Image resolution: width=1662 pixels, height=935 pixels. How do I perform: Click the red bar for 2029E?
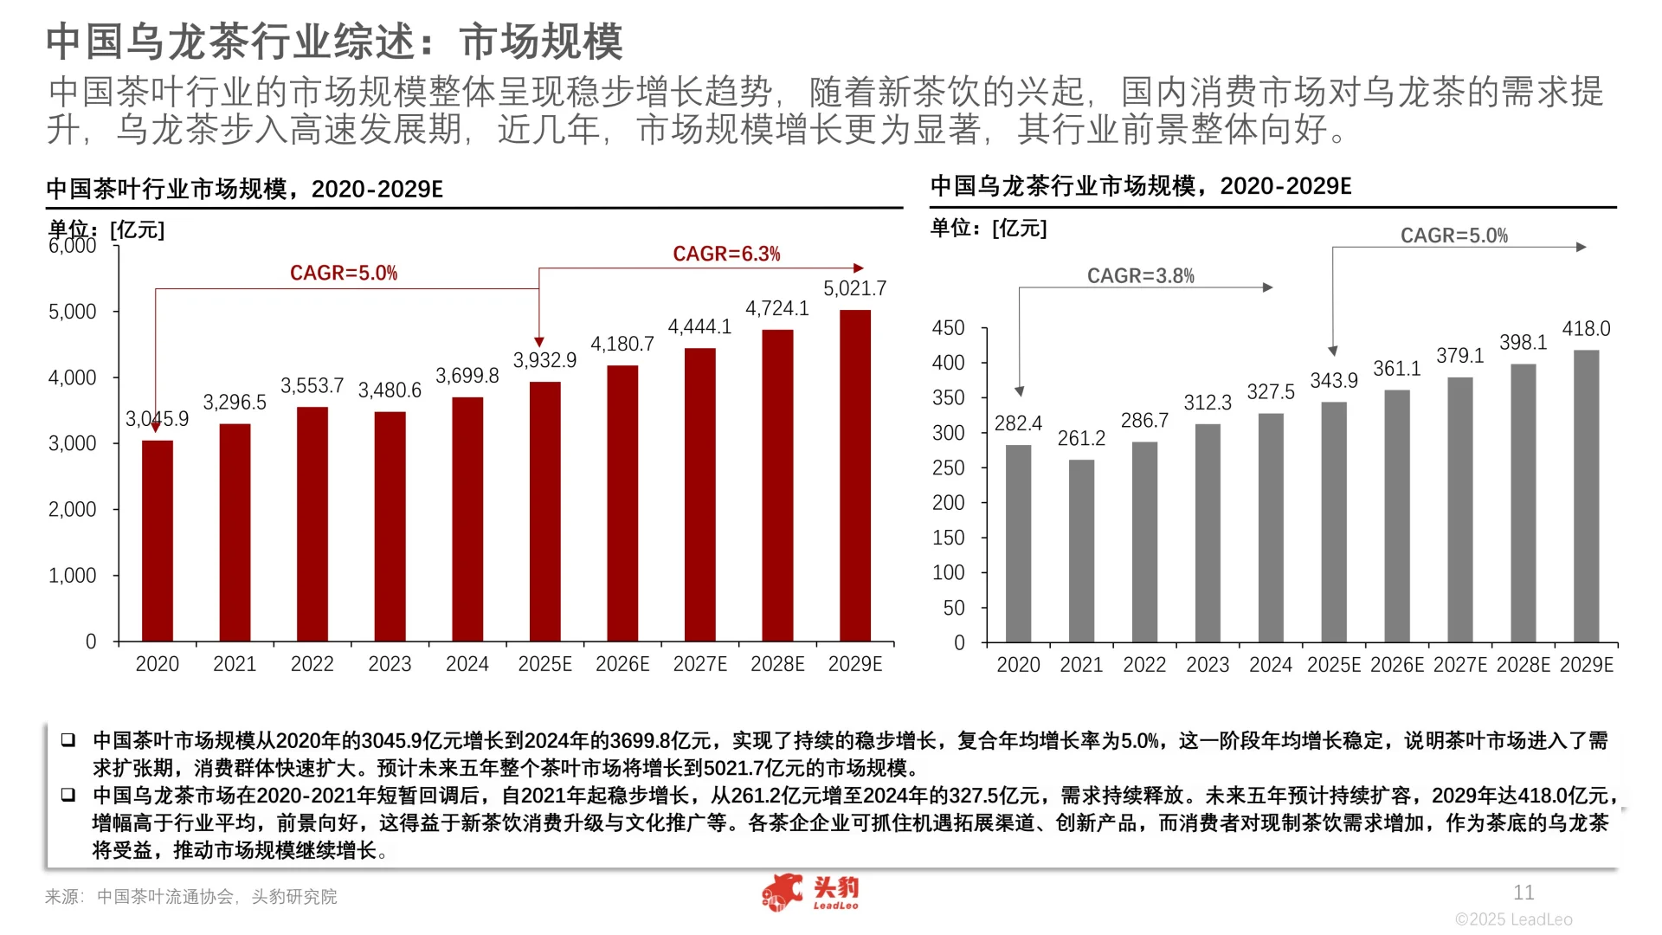854,476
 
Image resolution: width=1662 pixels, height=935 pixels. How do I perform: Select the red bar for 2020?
158,541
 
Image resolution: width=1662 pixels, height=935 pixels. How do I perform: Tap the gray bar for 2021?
1081,551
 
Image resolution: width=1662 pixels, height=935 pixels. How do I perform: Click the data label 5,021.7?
854,288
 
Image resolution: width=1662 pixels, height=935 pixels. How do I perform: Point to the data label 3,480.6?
390,390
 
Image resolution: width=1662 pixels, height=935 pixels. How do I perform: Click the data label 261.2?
1081,439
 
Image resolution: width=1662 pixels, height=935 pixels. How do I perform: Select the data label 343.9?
1333,381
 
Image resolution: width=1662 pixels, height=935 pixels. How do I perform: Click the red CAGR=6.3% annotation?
726,254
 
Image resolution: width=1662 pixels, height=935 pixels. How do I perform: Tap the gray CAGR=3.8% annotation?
1140,276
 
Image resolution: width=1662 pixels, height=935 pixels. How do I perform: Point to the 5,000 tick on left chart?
73,312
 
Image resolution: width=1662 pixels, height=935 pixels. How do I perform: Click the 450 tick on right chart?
948,328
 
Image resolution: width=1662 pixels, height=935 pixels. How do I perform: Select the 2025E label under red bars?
544,664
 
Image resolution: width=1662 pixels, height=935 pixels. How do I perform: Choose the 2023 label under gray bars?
1207,665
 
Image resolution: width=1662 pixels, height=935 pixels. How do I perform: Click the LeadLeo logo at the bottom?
810,893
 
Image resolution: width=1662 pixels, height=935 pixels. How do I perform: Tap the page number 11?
1523,893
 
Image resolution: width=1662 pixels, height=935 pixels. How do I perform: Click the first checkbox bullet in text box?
68,740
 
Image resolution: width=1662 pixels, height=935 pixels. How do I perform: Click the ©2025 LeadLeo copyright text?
1513,919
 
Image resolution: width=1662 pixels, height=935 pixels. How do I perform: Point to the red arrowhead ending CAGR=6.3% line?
859,268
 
